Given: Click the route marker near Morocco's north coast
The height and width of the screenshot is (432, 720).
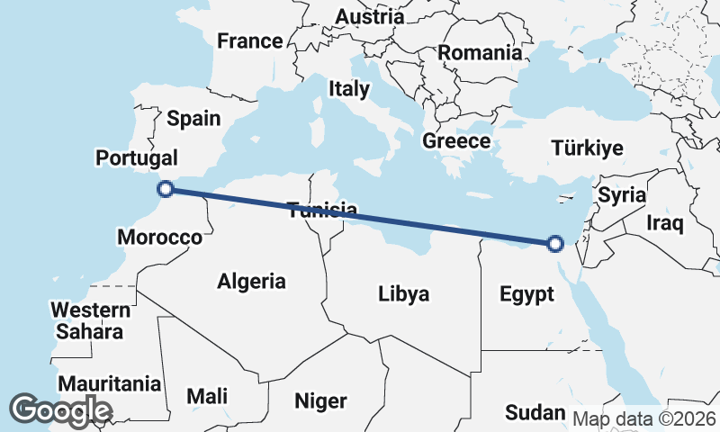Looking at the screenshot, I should [x=166, y=188].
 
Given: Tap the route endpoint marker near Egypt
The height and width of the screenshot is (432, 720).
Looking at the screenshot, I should [x=555, y=242].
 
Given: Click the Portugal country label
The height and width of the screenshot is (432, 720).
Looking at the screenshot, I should [x=137, y=157].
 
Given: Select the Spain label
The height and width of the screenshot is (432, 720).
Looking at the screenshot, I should [x=193, y=119].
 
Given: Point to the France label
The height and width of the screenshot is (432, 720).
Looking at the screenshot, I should [x=249, y=41].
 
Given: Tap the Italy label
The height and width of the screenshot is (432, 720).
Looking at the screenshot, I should [x=348, y=89].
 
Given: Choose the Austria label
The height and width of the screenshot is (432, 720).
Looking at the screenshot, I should [x=369, y=17].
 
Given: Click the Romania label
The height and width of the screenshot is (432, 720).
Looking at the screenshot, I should [x=480, y=53].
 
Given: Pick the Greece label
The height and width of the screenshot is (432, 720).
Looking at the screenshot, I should [x=456, y=141].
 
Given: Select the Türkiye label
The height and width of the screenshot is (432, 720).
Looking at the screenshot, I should [x=587, y=148].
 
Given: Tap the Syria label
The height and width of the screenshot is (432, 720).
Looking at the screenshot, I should [x=622, y=194].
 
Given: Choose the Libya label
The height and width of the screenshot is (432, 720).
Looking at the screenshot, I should [x=403, y=293].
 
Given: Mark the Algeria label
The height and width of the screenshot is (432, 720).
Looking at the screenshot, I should [x=251, y=282].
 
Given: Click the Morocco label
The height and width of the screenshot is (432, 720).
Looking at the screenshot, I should [x=159, y=238].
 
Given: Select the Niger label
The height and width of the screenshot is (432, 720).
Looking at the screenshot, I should [x=320, y=400].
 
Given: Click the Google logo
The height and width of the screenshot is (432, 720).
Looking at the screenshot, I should [x=59, y=409].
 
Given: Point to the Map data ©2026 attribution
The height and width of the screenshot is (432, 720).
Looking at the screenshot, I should [x=644, y=418].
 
